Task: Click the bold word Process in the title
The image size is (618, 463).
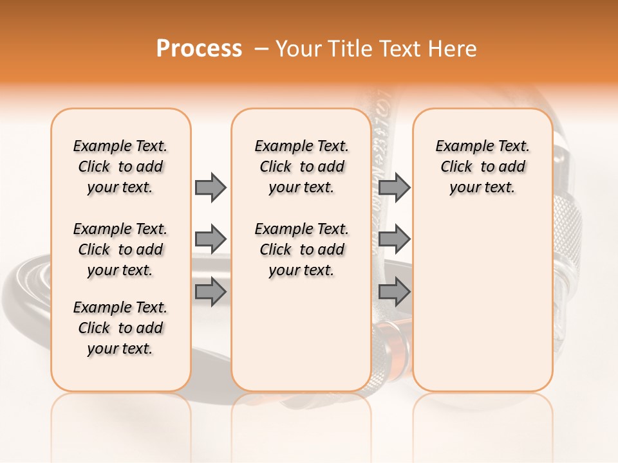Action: [199, 49]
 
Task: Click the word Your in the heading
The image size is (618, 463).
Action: [300, 49]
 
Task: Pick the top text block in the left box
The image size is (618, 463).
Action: [120, 167]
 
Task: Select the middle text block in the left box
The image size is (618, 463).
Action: [120, 250]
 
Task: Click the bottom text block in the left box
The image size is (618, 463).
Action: [120, 328]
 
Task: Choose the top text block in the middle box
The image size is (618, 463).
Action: [301, 167]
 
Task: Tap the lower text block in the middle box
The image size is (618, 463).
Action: [301, 250]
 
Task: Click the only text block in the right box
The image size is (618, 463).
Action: [482, 167]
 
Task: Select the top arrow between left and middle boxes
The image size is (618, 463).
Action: [211, 187]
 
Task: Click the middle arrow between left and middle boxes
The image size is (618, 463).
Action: [211, 239]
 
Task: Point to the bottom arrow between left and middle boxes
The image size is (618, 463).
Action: [211, 291]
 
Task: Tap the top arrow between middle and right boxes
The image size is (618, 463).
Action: [394, 187]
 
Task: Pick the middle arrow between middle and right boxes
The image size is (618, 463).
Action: [394, 239]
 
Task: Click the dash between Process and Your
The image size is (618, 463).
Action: [260, 49]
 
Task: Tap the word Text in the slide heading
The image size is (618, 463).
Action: [399, 49]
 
